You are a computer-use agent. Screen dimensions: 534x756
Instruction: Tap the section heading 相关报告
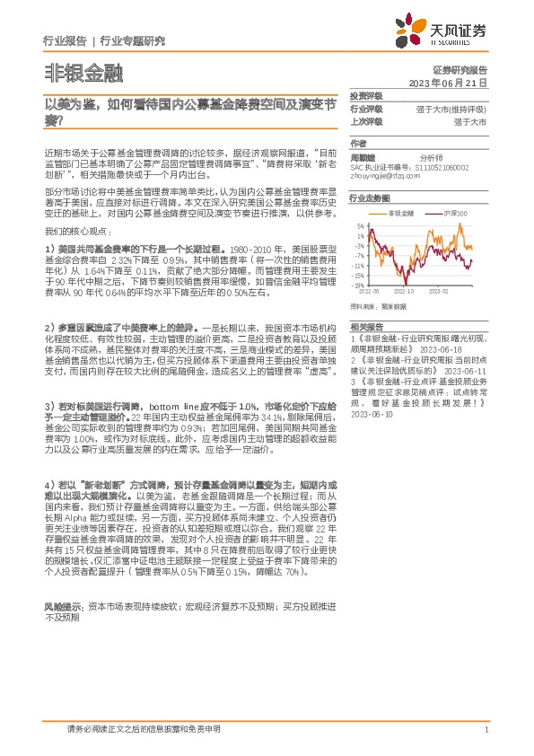click(x=366, y=326)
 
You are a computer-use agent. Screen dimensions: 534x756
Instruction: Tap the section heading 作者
click(x=359, y=144)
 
